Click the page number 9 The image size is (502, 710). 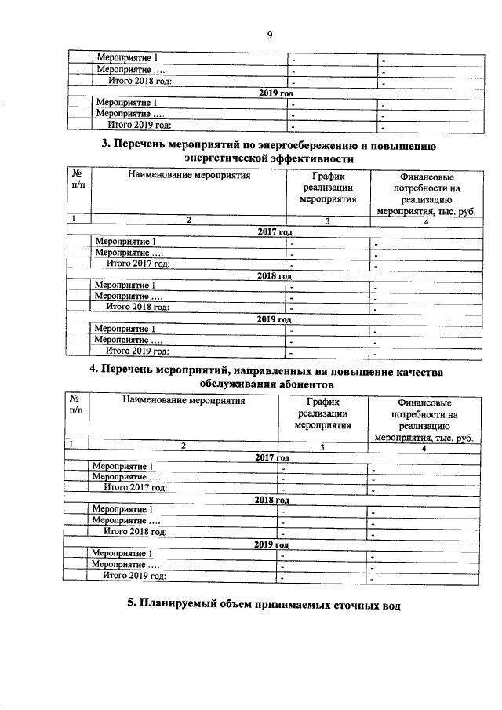click(269, 35)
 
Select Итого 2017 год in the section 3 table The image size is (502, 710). click(138, 264)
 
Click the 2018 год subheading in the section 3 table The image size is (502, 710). click(275, 275)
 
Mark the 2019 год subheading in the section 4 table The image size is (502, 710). click(271, 544)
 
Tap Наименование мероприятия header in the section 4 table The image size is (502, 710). click(184, 401)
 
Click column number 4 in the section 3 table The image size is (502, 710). click(425, 221)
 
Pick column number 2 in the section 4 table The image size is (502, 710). click(184, 446)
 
